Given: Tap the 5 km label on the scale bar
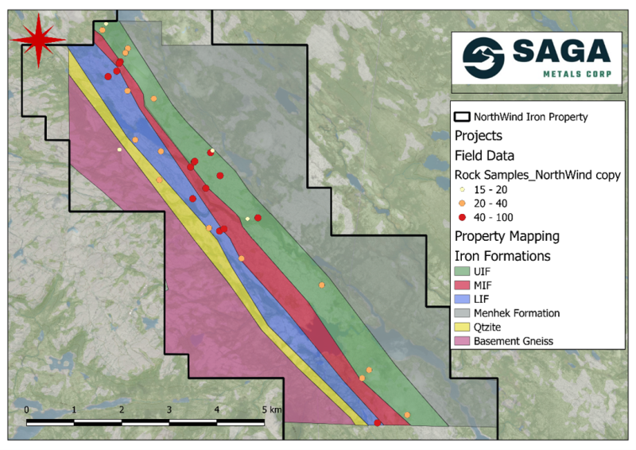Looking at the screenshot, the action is click(271, 409).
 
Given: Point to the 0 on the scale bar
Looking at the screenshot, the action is click(27, 409).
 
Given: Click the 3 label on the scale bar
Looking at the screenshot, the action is click(169, 409).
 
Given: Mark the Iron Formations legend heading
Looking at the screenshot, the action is click(502, 256).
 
